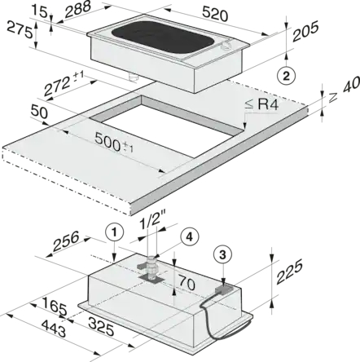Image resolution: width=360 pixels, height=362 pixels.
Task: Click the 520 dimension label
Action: (x=215, y=14)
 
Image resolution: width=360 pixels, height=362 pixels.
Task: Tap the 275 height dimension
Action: (x=20, y=29)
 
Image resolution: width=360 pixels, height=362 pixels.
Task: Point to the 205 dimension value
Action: (x=305, y=32)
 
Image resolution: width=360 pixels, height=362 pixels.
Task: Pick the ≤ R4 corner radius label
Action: (x=261, y=104)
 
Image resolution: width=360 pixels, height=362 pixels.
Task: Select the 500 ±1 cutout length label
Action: (x=114, y=143)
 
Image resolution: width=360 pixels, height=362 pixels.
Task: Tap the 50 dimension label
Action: (x=39, y=112)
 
